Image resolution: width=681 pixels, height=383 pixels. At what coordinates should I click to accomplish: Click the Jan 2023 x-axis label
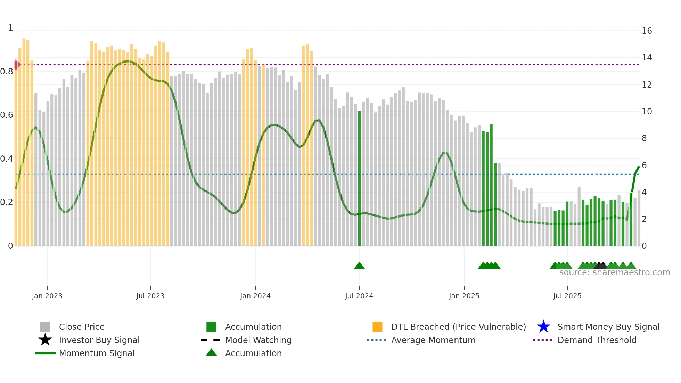pyautogui.click(x=47, y=296)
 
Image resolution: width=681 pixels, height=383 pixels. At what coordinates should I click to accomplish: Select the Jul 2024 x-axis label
pyautogui.click(x=359, y=296)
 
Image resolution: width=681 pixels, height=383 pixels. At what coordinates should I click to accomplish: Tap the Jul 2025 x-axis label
pyautogui.click(x=567, y=296)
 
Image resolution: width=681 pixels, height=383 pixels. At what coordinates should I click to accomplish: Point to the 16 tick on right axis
pyautogui.click(x=647, y=31)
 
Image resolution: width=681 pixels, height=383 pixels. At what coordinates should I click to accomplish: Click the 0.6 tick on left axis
pyautogui.click(x=7, y=115)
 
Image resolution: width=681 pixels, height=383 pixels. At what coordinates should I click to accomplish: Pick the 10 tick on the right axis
pyautogui.click(x=647, y=112)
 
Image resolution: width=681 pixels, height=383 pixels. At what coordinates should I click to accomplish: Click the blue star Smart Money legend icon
pyautogui.click(x=543, y=327)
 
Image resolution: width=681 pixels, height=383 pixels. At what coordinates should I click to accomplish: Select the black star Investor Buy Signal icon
pyautogui.click(x=45, y=340)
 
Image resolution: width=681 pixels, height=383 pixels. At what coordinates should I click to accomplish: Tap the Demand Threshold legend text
pyautogui.click(x=597, y=340)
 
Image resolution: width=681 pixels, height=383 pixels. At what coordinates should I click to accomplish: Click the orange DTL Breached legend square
pyautogui.click(x=377, y=327)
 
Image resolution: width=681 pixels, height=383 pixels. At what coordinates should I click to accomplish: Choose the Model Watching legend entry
pyautogui.click(x=258, y=340)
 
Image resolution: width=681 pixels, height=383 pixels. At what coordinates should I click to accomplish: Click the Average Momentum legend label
pyautogui.click(x=433, y=340)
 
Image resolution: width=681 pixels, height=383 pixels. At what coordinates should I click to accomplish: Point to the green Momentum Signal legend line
pyautogui.click(x=45, y=353)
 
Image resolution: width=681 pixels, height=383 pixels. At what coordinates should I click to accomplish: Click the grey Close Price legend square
pyautogui.click(x=45, y=327)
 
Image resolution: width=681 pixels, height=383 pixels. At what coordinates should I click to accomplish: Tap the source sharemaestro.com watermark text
pyautogui.click(x=614, y=272)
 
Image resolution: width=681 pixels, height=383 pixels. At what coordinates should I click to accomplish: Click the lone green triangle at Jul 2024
pyautogui.click(x=359, y=266)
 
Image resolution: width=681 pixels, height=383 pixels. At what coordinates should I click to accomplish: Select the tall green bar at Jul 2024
pyautogui.click(x=359, y=179)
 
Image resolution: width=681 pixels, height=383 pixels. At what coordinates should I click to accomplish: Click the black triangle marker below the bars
pyautogui.click(x=600, y=266)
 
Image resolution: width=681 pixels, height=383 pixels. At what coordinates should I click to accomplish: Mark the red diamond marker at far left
pyautogui.click(x=16, y=65)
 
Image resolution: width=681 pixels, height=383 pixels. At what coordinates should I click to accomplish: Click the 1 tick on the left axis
pyautogui.click(x=10, y=28)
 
